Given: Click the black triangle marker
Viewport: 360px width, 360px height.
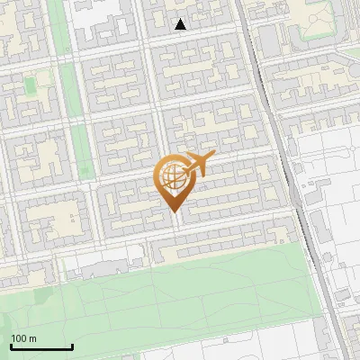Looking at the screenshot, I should (x=181, y=24).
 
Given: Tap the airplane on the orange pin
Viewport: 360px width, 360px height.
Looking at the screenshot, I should (x=195, y=163).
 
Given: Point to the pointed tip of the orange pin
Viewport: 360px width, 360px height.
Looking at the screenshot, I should (x=174, y=212).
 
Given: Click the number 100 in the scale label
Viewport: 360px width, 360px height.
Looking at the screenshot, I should (x=19, y=338).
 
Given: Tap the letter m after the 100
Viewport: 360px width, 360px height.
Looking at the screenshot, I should (x=32, y=339).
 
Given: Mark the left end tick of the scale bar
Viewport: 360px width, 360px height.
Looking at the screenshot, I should (x=11, y=346).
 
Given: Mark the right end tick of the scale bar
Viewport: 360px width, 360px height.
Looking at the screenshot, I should (x=72, y=346).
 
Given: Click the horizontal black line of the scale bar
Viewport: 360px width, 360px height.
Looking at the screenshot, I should (x=41, y=347).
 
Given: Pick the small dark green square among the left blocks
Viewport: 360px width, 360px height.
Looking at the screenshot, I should (x=31, y=85).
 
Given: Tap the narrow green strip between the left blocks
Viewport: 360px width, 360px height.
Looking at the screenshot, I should (x=80, y=135).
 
